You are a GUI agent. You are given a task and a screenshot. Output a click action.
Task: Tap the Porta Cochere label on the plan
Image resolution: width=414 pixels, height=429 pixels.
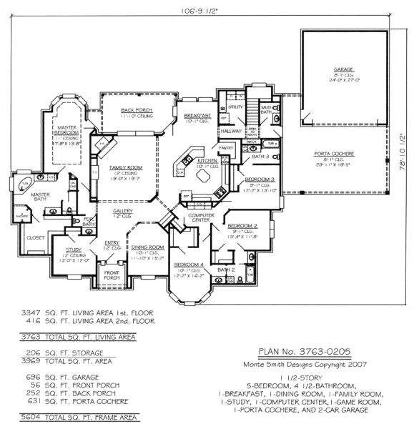[x=330, y=153]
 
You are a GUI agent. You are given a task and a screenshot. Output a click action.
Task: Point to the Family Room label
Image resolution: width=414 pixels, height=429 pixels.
[x=122, y=167]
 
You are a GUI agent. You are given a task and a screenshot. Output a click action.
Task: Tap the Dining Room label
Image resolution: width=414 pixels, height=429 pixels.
[x=147, y=247]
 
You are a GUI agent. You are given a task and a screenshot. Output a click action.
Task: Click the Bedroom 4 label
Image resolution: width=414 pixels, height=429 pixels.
[x=189, y=265]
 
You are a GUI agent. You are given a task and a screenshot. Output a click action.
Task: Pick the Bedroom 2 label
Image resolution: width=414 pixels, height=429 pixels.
[x=245, y=225]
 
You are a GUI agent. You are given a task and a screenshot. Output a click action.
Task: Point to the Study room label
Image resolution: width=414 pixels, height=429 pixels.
[x=63, y=250]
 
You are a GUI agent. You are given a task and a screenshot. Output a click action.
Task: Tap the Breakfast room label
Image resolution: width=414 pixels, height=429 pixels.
[x=197, y=115]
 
